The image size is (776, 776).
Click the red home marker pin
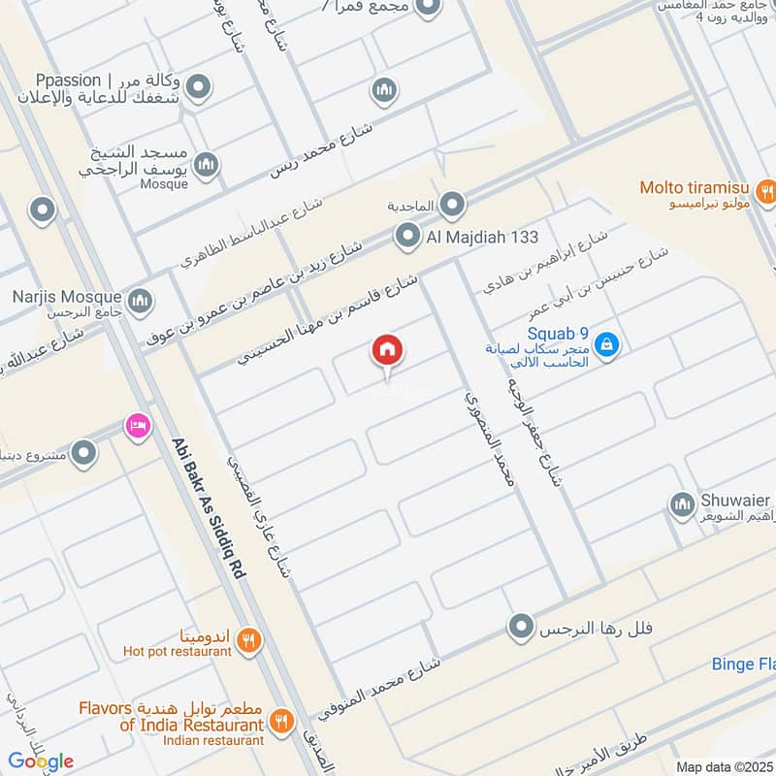click(x=388, y=351)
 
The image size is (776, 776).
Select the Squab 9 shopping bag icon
click(x=606, y=343)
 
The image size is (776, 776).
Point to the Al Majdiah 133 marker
click(x=405, y=235)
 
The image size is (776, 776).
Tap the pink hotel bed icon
click(x=136, y=426)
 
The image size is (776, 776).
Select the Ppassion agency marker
click(x=199, y=90)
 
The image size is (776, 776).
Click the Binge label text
click(x=742, y=664)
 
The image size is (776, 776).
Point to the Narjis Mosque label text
click(x=67, y=297)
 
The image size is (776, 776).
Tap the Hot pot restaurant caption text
click(x=178, y=652)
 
